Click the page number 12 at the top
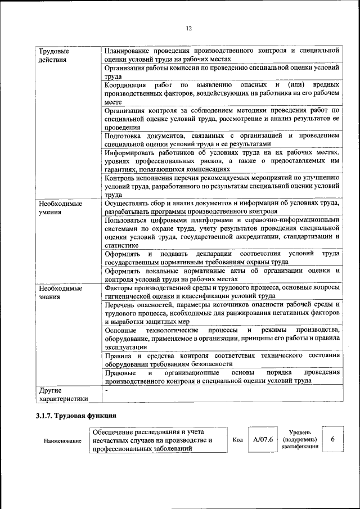coord(189,29)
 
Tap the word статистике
coord(121,245)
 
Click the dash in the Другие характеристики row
coord(106,389)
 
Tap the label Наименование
coord(62,441)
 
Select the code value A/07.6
coord(263,439)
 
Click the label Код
coord(237,440)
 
